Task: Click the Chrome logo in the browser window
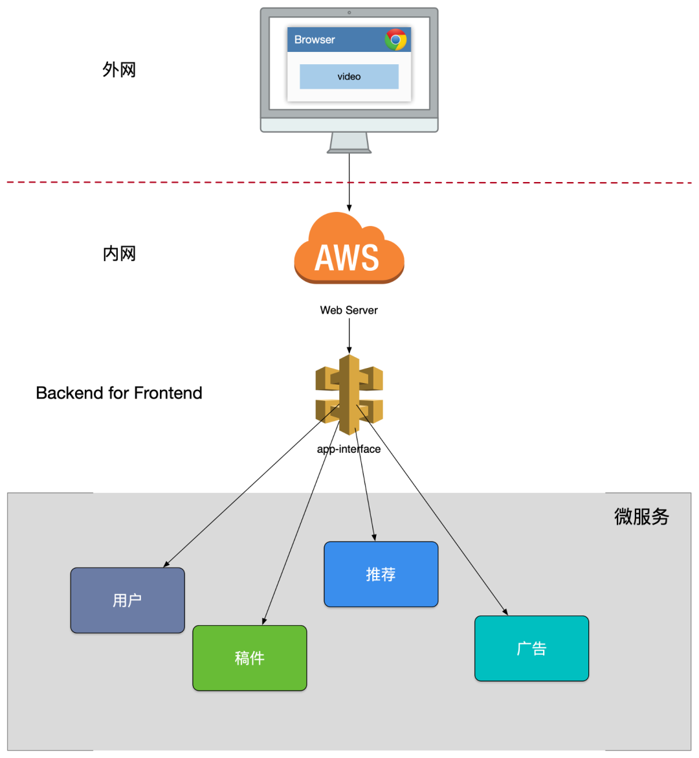[395, 40]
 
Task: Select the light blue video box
[349, 76]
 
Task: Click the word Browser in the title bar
[315, 40]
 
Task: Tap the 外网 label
[119, 70]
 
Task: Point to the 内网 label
[119, 254]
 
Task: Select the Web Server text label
[349, 310]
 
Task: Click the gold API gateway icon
[349, 394]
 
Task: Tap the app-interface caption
[349, 449]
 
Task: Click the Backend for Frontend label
[119, 393]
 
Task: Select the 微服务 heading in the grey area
[641, 516]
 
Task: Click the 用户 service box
[128, 601]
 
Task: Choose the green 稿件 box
[250, 658]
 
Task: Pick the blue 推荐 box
[381, 575]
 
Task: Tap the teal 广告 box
[531, 649]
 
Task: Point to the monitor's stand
[349, 142]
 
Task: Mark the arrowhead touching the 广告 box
[505, 612]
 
